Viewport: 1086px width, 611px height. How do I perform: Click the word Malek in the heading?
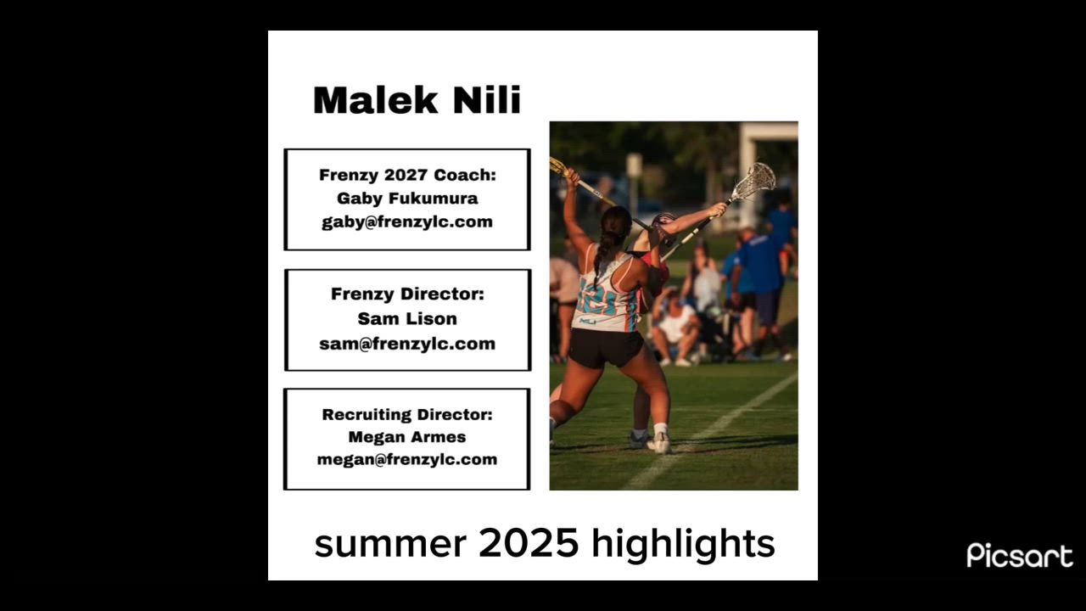(376, 100)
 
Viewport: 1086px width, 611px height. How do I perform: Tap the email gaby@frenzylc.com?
(407, 221)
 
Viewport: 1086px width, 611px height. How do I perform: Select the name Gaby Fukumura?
(407, 198)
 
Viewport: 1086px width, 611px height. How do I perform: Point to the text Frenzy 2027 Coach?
(407, 175)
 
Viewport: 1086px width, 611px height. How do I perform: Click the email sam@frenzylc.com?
(407, 344)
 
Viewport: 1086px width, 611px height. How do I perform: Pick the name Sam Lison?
(407, 318)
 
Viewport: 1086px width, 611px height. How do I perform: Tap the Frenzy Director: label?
(407, 294)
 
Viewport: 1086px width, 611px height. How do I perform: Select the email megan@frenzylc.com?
(407, 459)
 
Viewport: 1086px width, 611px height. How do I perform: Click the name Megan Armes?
(407, 437)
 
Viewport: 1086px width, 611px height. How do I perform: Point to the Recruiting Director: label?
(407, 415)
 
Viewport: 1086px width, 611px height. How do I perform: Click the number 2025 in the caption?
(529, 543)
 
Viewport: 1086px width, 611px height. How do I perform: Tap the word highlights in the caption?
(684, 545)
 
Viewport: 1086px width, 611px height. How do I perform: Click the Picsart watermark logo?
(1020, 555)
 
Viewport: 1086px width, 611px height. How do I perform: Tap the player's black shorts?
(606, 347)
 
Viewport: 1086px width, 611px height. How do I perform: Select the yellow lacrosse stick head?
(558, 166)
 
